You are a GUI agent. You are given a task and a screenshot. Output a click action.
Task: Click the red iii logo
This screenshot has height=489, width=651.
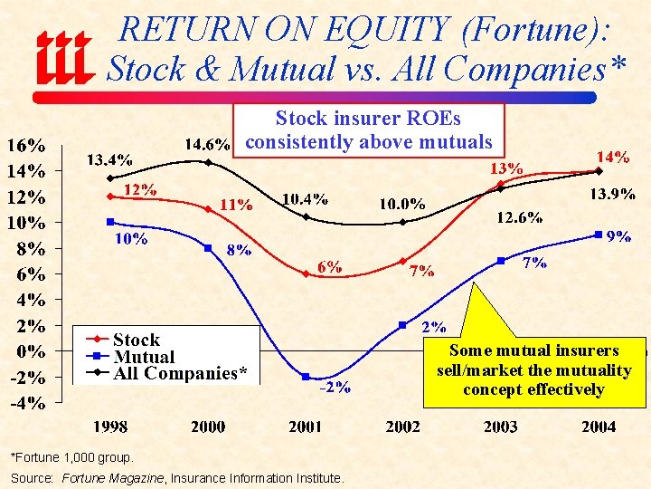pos(63,58)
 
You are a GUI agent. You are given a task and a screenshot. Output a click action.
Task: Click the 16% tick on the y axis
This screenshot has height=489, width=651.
pos(27,145)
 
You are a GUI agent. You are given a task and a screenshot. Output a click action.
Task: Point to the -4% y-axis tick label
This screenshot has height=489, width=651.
pos(27,404)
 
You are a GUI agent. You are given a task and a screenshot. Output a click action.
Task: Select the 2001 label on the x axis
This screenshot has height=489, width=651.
pos(306,427)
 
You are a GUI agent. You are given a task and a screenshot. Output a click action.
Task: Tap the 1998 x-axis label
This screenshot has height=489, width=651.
pos(110,427)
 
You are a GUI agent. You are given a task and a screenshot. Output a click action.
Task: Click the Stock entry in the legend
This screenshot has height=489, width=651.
pos(136,340)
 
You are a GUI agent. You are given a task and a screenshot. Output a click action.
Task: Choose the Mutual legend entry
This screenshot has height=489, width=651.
pos(144,357)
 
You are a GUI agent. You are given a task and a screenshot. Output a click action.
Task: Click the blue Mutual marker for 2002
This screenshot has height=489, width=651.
pos(403,325)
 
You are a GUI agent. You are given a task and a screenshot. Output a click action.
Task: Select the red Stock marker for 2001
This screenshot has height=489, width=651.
pos(306,273)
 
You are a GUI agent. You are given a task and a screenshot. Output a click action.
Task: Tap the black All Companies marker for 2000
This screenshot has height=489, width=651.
pos(208,163)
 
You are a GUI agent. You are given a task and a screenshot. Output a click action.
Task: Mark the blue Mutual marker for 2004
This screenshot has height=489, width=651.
pos(599,235)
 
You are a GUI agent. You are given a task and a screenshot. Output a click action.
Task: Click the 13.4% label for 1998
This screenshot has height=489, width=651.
pos(108,159)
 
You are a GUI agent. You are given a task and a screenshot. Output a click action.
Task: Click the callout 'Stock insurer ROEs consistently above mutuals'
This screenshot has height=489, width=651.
pos(368,130)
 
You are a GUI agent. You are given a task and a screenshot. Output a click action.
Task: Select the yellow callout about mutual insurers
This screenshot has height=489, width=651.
pos(533,369)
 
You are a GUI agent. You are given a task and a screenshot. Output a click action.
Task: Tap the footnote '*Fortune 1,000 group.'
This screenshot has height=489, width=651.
pos(71,457)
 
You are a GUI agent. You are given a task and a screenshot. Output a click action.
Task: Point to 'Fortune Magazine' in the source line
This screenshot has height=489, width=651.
pos(112,477)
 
